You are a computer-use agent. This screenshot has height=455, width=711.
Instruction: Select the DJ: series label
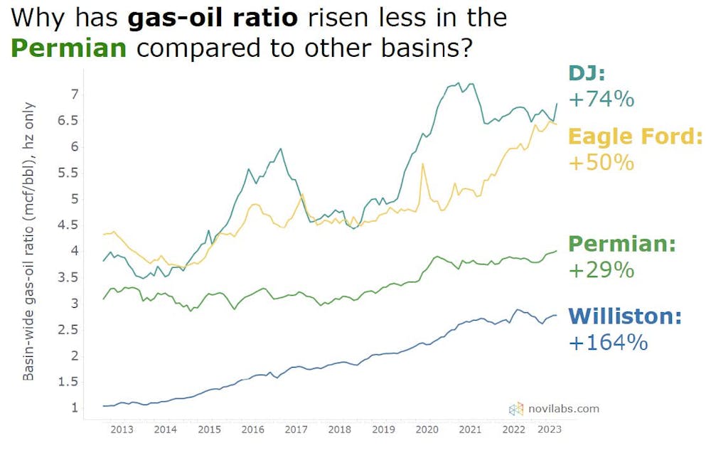(585, 73)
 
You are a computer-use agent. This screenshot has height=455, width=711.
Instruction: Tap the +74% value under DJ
(601, 99)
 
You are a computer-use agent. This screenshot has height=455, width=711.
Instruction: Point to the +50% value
(601, 162)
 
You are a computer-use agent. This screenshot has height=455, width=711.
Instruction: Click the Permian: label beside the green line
(623, 244)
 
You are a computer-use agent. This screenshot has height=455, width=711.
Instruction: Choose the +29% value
(601, 270)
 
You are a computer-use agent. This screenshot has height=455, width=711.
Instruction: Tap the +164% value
(608, 342)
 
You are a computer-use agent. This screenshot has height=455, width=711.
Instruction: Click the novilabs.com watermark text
(563, 408)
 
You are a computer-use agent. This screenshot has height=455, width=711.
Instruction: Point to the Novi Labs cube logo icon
(515, 409)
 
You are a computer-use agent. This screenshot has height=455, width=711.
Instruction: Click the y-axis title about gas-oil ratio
(29, 242)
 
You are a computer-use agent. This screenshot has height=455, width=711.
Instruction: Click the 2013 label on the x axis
(122, 429)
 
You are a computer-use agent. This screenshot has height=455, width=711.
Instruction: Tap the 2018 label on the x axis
(340, 429)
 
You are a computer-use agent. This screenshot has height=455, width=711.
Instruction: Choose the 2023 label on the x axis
(548, 429)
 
